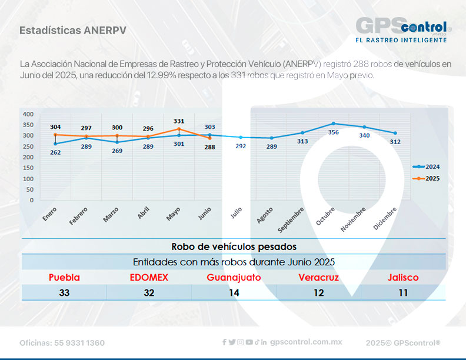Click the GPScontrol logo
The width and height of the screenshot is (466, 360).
[404, 29]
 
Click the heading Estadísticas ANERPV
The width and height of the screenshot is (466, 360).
[72, 30]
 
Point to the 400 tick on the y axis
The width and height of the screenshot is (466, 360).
[28, 114]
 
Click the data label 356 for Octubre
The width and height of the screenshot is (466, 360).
[334, 132]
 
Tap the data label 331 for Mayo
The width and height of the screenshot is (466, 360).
[179, 121]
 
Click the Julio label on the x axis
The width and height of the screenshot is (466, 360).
[236, 213]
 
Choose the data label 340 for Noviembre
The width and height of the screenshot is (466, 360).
[364, 135]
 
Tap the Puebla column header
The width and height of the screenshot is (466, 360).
[64, 278]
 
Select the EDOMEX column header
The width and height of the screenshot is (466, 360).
[149, 278]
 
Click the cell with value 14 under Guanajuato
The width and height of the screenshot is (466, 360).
[234, 292]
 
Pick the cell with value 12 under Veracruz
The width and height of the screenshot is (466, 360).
[318, 292]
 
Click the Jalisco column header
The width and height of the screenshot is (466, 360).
[403, 278]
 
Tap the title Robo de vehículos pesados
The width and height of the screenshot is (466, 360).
[234, 246]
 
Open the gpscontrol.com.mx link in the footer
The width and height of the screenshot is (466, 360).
[306, 342]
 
